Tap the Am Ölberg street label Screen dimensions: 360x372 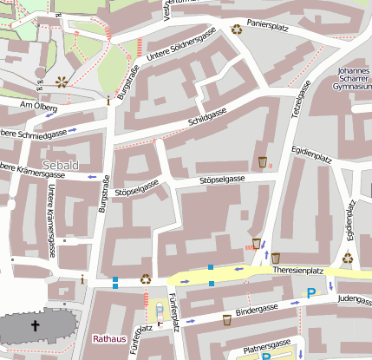[38, 108]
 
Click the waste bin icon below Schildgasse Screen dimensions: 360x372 [263, 162]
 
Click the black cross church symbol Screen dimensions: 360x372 [36, 326]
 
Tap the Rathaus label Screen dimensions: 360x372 [109, 338]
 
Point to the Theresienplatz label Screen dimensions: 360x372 [297, 271]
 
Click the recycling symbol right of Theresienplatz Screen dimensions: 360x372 [348, 258]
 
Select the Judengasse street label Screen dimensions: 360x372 [354, 298]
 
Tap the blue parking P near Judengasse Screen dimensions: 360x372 [311, 294]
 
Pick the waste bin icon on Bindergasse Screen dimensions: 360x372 [227, 319]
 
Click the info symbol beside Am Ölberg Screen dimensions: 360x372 [108, 101]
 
